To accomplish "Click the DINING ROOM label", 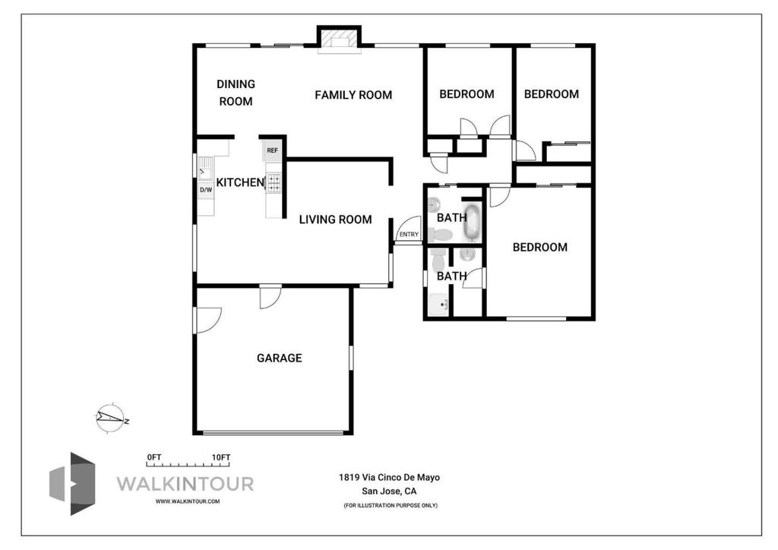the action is [236, 93].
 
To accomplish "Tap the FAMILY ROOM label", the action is [353, 95].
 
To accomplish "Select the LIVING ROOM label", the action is [335, 220].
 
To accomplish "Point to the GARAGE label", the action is [280, 358].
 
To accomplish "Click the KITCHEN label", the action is [240, 182].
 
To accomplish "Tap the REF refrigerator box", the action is [273, 150].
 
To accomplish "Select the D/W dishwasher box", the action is [206, 189].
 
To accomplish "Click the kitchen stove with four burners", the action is [274, 183].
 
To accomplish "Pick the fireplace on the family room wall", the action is [339, 39].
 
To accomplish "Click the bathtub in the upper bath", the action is [472, 221].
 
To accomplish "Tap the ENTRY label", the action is [409, 235].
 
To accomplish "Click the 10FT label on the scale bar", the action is [221, 457].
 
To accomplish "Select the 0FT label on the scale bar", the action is [153, 457].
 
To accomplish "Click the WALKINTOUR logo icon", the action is [72, 484].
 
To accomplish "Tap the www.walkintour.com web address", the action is [188, 501].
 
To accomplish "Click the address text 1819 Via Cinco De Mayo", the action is [390, 478].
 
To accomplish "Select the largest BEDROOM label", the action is [540, 247].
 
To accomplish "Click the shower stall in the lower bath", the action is [439, 304].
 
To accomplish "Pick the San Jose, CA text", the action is [390, 492].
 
